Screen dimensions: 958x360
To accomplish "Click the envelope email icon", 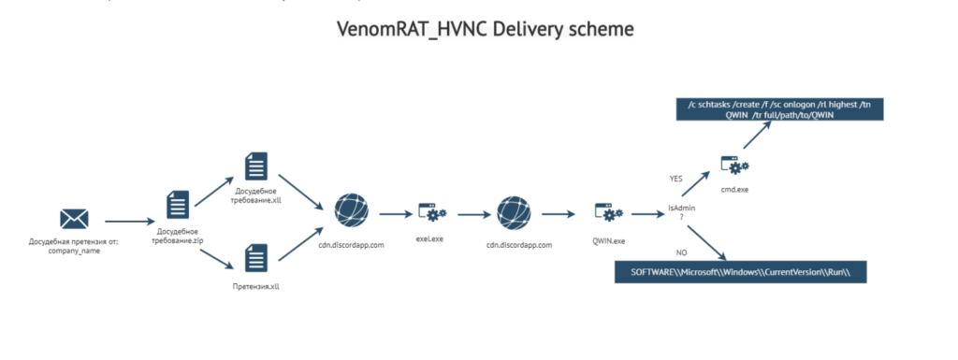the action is pyautogui.click(x=74, y=219).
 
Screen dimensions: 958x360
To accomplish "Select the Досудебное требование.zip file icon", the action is pyautogui.click(x=178, y=205).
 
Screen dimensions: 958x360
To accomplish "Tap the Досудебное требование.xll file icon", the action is pyautogui.click(x=256, y=166).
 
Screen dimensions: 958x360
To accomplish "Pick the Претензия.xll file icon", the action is pyautogui.click(x=256, y=258).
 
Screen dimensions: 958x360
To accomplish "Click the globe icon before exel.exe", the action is pyautogui.click(x=352, y=209).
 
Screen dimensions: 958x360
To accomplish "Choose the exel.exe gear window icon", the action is pyautogui.click(x=432, y=213).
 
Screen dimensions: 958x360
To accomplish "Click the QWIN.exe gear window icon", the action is pyautogui.click(x=608, y=213).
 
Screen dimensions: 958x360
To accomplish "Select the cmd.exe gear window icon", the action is pyautogui.click(x=734, y=166).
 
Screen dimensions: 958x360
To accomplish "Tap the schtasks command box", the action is pyautogui.click(x=779, y=109).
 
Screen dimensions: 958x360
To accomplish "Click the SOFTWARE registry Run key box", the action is pyautogui.click(x=741, y=272).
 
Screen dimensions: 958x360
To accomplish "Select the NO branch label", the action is pyautogui.click(x=682, y=252).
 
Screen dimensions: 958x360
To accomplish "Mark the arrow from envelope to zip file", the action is pyautogui.click(x=130, y=221).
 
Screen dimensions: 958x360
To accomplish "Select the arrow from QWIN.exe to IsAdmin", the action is pyautogui.click(x=648, y=214).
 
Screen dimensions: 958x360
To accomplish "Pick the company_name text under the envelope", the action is pyautogui.click(x=74, y=251).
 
